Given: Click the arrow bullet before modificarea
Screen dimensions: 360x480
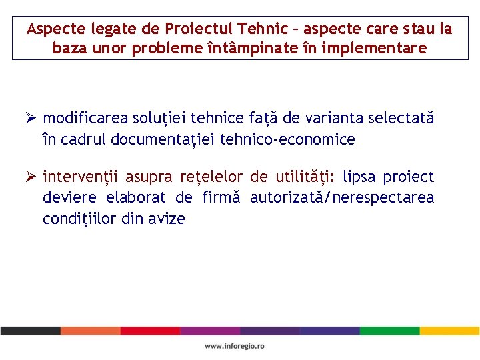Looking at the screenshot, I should click(x=30, y=119).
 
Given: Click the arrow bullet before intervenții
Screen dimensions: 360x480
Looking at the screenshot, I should click(x=30, y=177).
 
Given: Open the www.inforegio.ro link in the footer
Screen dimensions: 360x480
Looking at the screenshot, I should click(x=235, y=346).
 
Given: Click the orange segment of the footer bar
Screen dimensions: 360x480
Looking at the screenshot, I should click(x=90, y=331).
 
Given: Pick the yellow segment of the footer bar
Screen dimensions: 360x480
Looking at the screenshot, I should click(x=449, y=331).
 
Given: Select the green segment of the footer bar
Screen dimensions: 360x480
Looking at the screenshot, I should click(x=390, y=331).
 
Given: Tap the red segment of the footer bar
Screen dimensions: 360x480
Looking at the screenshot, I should click(x=150, y=331).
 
